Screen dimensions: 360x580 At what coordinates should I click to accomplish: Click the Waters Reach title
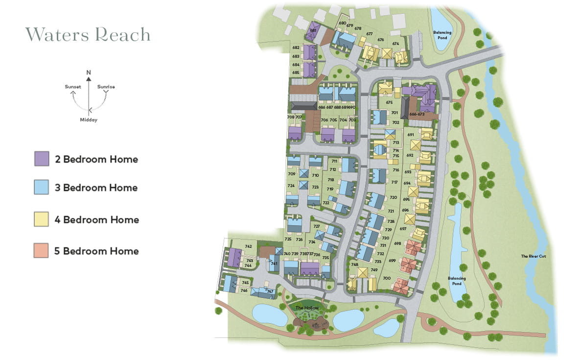tap(88, 35)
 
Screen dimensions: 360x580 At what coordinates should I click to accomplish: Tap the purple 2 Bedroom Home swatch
tap(42, 159)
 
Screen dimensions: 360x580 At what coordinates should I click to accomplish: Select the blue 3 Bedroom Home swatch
tap(42, 187)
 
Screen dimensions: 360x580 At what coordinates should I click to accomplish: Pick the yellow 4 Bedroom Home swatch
tap(42, 219)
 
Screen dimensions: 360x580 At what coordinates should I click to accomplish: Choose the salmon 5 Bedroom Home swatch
tap(42, 251)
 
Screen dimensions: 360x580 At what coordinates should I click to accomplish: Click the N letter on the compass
tap(89, 72)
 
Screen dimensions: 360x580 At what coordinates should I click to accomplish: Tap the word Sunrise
tap(106, 87)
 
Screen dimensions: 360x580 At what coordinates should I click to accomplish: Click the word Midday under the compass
tap(89, 120)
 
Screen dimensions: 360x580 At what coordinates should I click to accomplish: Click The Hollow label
tap(307, 308)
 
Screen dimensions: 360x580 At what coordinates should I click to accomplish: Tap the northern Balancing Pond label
tap(442, 35)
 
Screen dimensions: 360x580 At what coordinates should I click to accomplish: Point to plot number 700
tap(387, 278)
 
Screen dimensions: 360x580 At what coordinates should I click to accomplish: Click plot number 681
tap(313, 30)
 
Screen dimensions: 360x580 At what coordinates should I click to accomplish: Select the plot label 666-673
tap(417, 114)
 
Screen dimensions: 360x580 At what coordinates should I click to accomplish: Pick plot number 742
tap(248, 246)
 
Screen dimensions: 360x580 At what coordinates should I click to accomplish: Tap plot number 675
tap(389, 102)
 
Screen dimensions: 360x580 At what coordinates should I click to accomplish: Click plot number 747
tap(270, 291)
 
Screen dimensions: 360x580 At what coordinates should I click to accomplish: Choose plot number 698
tap(397, 243)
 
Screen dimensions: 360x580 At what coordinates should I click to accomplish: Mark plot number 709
tap(292, 174)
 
